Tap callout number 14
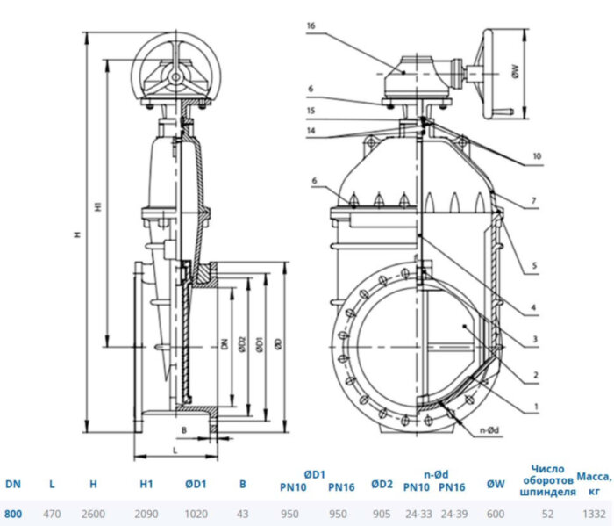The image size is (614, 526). (311, 130)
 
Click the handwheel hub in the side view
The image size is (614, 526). (176, 77)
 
